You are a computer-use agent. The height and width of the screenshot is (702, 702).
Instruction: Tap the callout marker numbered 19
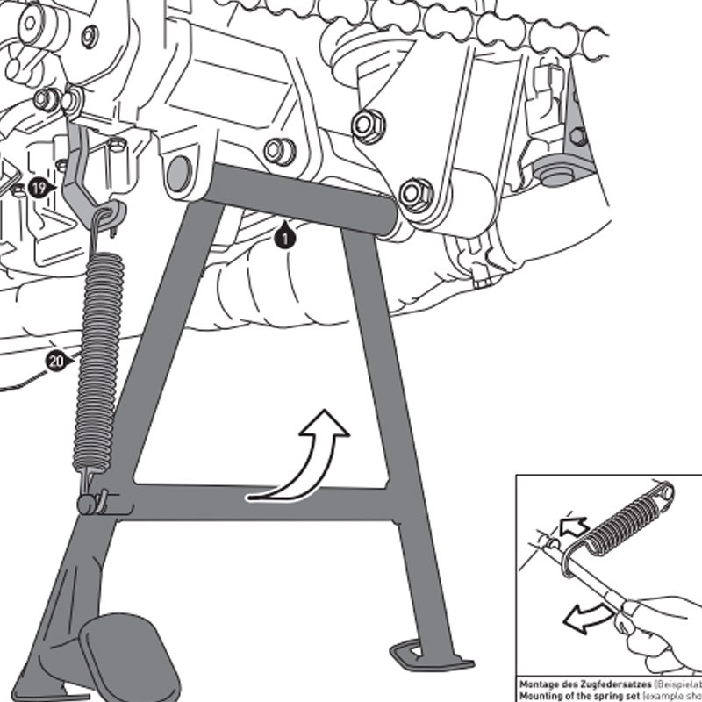pyautogui.click(x=37, y=187)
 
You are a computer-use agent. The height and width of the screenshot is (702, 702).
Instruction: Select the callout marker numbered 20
pyautogui.click(x=56, y=361)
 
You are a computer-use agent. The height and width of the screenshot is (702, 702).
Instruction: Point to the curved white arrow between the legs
pyautogui.click(x=308, y=456)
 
